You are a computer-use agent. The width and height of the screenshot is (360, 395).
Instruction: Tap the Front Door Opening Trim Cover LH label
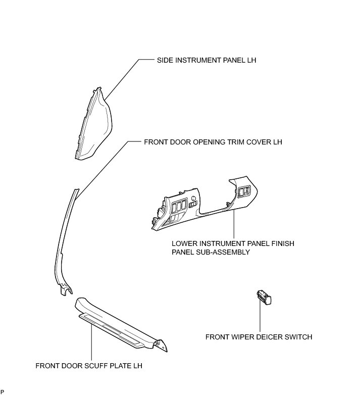[213, 142]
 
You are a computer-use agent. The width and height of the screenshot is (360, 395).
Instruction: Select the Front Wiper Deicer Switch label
[259, 337]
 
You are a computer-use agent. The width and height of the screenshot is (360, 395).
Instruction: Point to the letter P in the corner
[3, 392]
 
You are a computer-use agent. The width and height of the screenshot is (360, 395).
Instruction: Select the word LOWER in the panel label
[184, 243]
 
